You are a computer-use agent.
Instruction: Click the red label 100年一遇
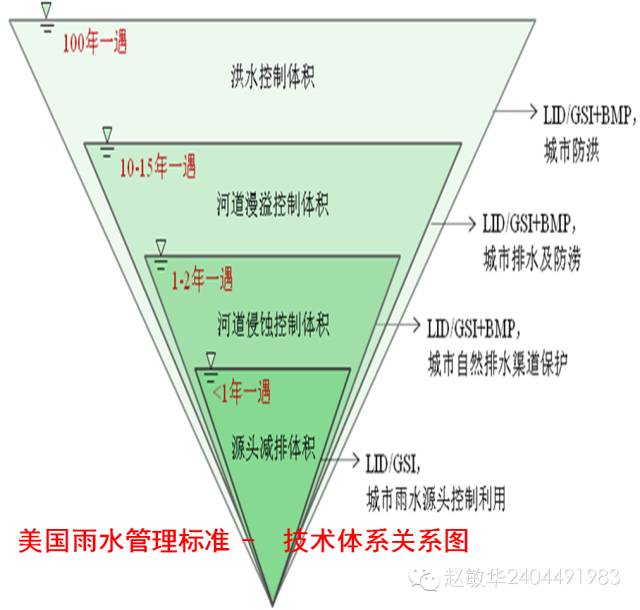click(95, 45)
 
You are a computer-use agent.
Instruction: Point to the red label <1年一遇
click(242, 393)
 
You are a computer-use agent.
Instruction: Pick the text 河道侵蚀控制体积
click(272, 324)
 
